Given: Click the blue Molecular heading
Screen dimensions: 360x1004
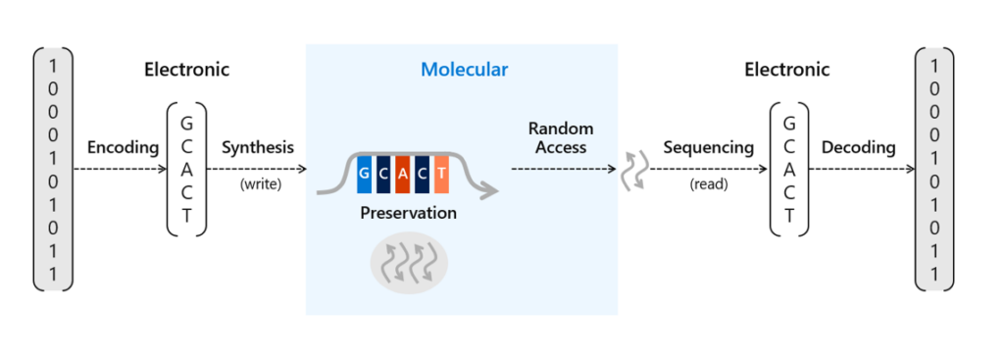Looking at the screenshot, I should point(464,70).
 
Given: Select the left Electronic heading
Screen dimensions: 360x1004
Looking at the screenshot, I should point(186,70).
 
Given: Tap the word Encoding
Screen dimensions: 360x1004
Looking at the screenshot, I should point(123,148).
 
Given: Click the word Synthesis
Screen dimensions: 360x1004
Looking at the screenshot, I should point(257,148).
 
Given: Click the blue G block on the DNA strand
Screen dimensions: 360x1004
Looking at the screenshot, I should point(364,174).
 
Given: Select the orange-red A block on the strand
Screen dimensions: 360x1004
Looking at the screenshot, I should point(402,174).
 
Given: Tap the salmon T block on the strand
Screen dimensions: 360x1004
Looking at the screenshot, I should point(441,174).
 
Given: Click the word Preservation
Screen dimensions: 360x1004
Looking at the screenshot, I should point(408,212).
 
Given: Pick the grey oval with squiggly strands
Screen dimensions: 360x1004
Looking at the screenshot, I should point(408,262).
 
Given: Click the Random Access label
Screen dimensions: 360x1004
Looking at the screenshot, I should point(561,138).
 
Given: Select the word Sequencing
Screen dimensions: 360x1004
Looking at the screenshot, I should point(709,148).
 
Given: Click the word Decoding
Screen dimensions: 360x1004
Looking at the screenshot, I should point(858,148).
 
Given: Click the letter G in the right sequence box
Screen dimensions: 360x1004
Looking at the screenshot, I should point(790,124).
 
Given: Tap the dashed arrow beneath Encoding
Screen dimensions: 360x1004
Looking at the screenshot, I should point(123,169).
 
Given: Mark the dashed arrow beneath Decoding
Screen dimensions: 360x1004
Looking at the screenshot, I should point(858,169).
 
